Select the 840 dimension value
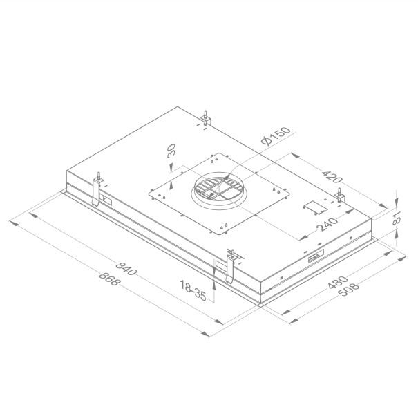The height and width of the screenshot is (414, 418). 128,268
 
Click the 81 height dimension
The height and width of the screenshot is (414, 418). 396,220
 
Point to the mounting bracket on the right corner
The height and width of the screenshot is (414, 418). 340,196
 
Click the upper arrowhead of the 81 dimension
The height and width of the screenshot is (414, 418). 397,193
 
